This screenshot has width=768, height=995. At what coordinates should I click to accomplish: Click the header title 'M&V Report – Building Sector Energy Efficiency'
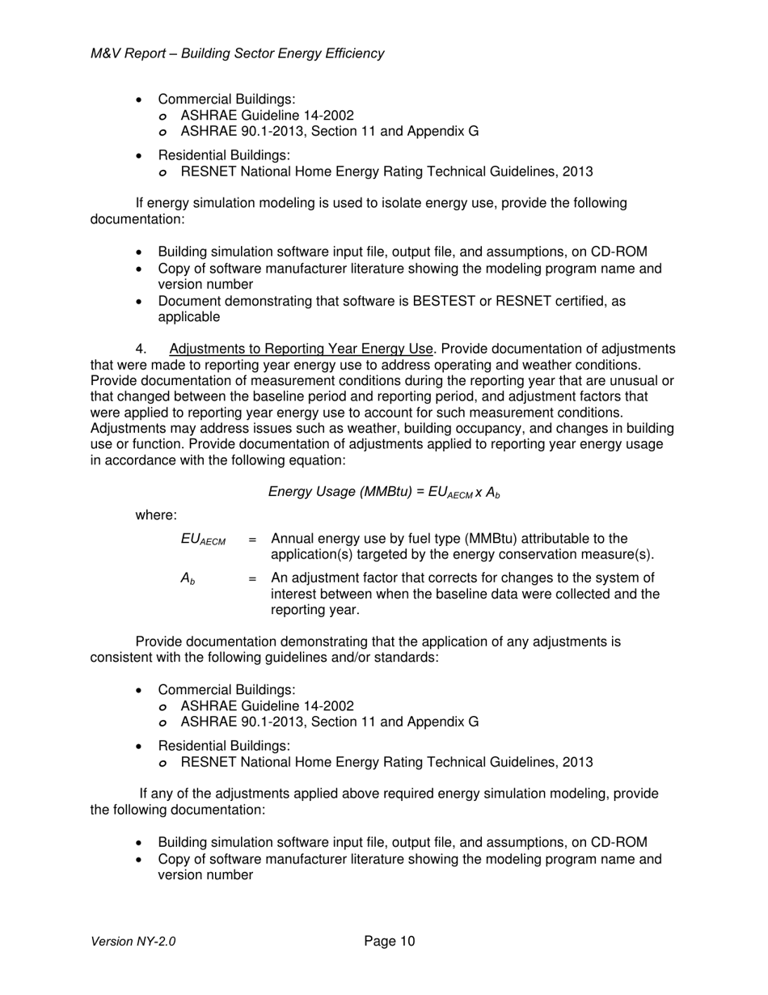238,53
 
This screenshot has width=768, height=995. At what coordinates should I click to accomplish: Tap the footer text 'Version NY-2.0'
133,942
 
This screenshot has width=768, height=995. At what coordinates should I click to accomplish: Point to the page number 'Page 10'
390,941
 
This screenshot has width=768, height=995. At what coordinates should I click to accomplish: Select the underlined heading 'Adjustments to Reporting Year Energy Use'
302,349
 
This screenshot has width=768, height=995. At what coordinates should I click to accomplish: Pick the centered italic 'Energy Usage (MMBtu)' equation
384,492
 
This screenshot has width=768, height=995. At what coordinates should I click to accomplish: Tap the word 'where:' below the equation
156,515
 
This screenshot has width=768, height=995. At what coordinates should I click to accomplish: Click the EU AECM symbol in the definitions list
203,540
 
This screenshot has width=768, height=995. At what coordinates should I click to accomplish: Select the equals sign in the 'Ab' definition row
253,578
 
